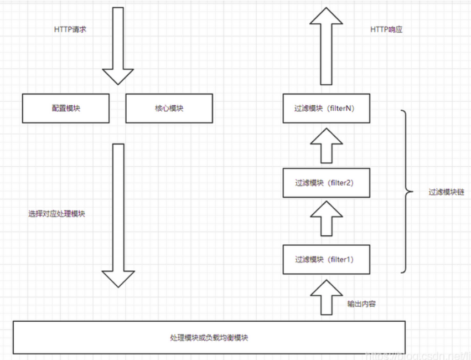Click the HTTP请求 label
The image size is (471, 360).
70,29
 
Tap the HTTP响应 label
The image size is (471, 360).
386,29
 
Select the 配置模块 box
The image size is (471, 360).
66,108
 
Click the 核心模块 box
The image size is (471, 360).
169,108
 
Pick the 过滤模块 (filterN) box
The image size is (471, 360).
327,108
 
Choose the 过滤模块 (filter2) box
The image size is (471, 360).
327,183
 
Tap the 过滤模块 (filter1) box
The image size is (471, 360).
327,259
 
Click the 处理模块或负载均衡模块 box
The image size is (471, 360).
209,337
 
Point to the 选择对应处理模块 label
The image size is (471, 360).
57,214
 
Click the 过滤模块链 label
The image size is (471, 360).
446,192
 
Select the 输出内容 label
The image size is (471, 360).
361,304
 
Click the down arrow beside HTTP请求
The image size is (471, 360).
118,46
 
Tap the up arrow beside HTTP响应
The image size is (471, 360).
326,46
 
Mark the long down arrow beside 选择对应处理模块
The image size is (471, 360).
118,215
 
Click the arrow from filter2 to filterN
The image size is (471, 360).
327,146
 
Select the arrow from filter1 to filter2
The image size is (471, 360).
327,218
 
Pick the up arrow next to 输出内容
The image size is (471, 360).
327,297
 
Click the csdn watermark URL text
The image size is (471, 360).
418,356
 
